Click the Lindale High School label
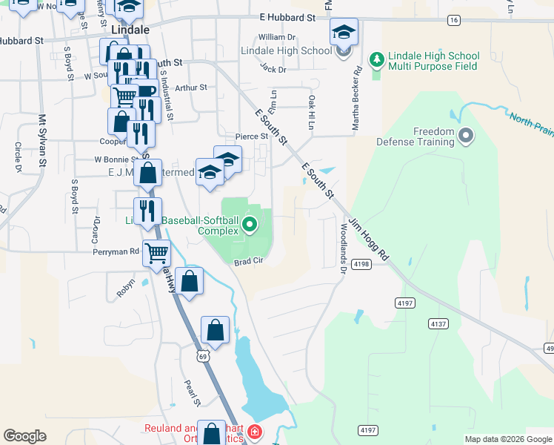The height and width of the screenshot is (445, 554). tap(286, 50)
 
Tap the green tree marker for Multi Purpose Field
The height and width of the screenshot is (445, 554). tap(376, 59)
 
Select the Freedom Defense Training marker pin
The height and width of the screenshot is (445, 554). tap(466, 136)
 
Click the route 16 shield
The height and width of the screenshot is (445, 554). tap(454, 20)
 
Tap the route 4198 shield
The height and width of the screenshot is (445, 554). tap(361, 264)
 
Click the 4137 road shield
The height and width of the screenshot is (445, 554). tap(438, 324)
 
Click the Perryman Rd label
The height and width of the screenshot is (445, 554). tap(116, 252)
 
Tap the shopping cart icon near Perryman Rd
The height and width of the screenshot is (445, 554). tap(157, 253)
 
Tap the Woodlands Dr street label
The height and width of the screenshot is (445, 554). tap(343, 248)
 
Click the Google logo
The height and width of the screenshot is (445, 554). tap(24, 436)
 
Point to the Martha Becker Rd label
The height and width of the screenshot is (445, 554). tap(356, 99)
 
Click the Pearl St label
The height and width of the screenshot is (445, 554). tap(192, 392)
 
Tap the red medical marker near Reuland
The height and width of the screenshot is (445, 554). tap(254, 432)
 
